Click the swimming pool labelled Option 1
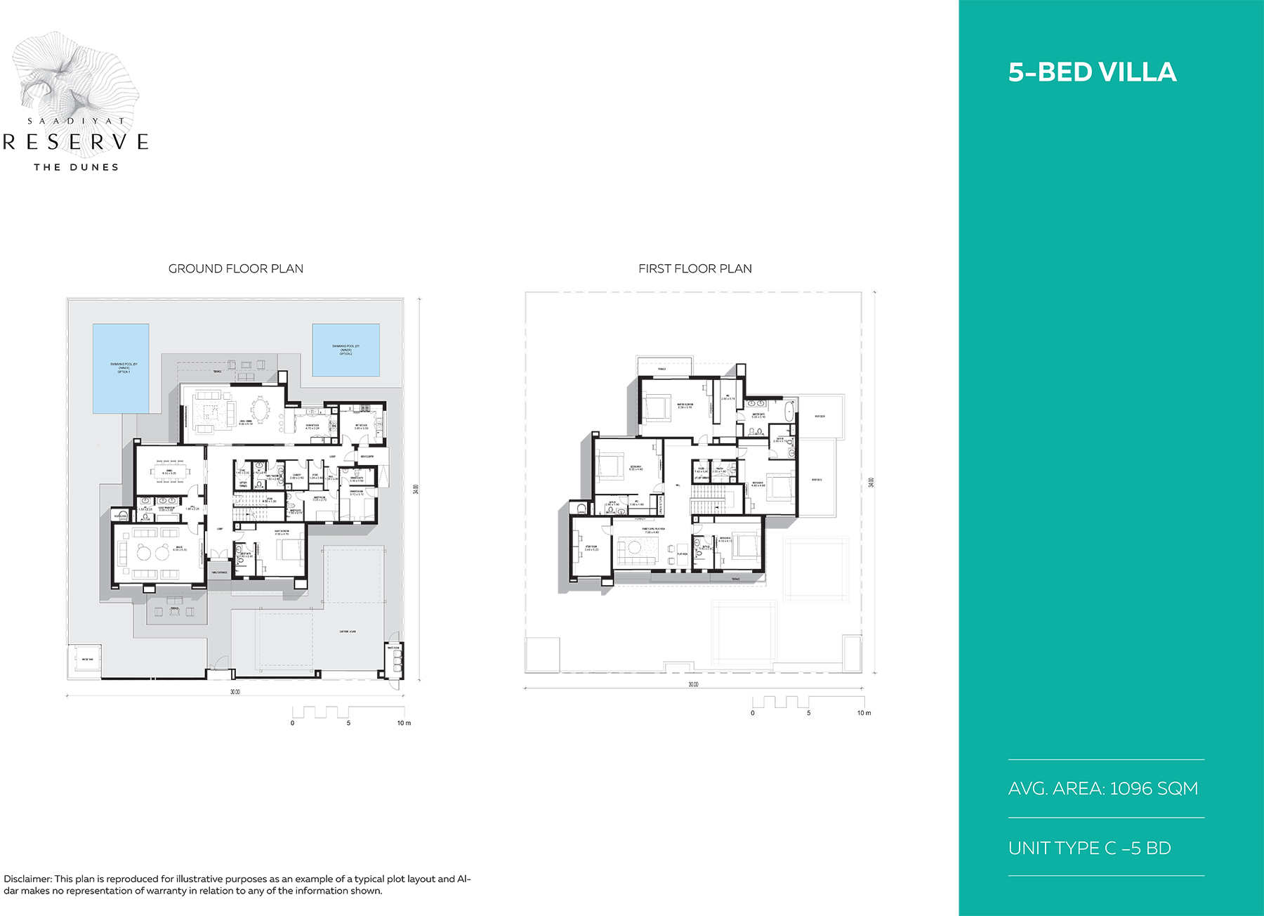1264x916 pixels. coord(121,368)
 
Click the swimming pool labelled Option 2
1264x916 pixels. coord(345,350)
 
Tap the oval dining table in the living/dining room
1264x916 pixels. coord(261,410)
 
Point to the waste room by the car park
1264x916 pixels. coord(394,658)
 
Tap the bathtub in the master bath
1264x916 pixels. coord(789,412)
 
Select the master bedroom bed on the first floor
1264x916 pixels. coord(657,406)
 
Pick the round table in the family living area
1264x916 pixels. coord(635,547)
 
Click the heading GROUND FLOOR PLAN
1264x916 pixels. coord(236,268)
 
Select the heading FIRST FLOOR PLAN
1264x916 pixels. coord(694,268)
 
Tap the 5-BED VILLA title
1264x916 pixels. coord(1092,72)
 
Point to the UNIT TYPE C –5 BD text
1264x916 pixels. coord(1089,848)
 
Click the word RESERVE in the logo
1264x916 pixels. coord(76,142)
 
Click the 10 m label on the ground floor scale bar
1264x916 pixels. coord(404,723)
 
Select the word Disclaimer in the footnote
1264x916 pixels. coord(27,879)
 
